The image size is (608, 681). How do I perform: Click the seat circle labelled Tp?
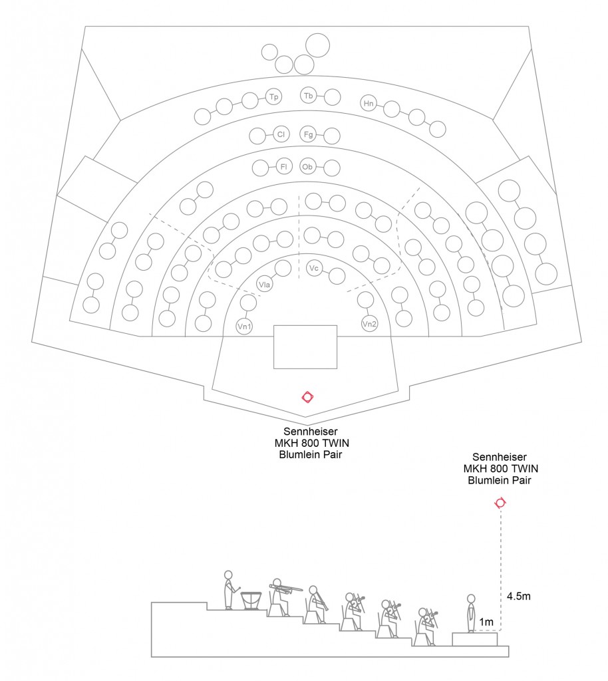[273, 97]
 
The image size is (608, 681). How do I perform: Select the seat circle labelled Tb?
[308, 96]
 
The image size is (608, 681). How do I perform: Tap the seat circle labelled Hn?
[369, 103]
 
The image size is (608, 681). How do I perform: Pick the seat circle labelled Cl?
[281, 135]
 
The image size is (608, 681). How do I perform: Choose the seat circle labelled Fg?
[308, 134]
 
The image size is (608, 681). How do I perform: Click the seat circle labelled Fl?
[283, 166]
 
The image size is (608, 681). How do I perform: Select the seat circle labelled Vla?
[264, 285]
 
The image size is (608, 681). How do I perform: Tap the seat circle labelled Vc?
[315, 268]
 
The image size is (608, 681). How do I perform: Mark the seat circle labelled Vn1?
[244, 326]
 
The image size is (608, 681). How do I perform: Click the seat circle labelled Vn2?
[369, 325]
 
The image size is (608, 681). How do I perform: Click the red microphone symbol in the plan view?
[307, 397]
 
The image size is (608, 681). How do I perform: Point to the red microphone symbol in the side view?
[500, 503]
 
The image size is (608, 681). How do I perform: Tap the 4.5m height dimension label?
[518, 596]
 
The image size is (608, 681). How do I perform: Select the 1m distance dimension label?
[486, 622]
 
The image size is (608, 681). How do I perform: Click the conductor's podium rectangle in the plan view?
[306, 346]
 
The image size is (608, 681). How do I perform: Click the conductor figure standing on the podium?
[471, 613]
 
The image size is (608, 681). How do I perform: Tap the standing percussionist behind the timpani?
[229, 589]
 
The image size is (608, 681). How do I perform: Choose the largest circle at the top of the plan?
[317, 45]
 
